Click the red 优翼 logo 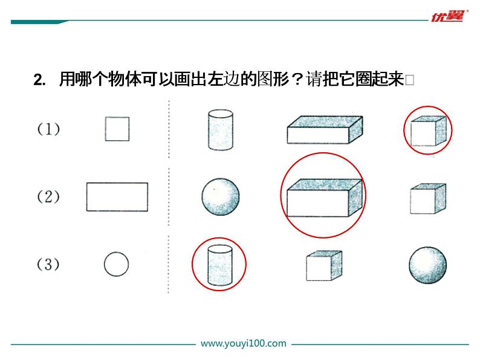448,16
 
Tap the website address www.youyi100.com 244,343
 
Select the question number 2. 39,80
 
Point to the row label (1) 48,129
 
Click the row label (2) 48,196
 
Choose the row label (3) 48,265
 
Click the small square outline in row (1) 117,129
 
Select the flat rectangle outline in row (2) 117,197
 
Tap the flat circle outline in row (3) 116,265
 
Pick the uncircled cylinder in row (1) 221,130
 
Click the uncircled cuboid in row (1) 325,130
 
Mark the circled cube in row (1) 427,131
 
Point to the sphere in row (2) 221,197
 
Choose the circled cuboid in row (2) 325,198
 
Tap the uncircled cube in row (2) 428,199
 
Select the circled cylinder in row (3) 220,265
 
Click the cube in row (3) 324,266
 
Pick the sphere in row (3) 427,265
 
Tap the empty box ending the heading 410,80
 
